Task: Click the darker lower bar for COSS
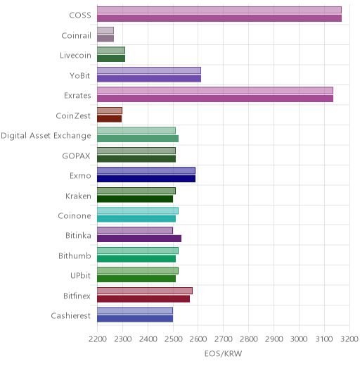tap(219, 18)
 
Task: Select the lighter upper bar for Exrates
tap(215, 91)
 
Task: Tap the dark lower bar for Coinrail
tap(105, 39)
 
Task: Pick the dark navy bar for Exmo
tap(146, 179)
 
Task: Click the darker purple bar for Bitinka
tap(139, 239)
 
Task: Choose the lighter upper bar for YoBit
tap(149, 70)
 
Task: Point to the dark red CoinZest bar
tap(110, 119)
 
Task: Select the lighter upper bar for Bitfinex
tap(145, 291)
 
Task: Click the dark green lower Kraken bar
tap(135, 199)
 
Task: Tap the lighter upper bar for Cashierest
tap(135, 311)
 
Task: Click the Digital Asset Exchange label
tap(46, 136)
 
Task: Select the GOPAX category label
tap(76, 156)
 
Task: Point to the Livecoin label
tap(75, 56)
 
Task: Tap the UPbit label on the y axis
tap(80, 275)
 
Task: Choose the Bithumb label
tap(75, 255)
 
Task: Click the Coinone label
tap(75, 215)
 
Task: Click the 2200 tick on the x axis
tap(98, 339)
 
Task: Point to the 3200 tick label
tap(349, 339)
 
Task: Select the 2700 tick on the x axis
tap(224, 339)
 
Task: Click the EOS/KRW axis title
tap(223, 353)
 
